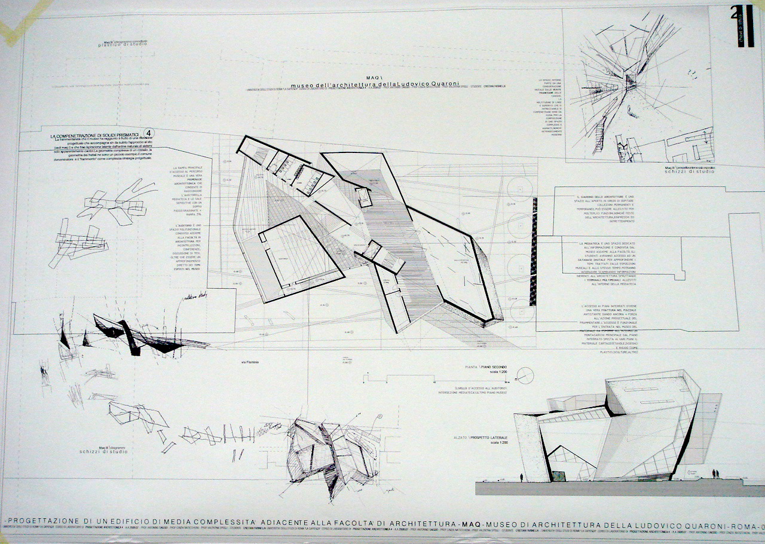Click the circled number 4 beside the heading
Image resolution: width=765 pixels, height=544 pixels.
coord(149,133)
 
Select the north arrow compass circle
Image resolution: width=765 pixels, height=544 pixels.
coord(524,379)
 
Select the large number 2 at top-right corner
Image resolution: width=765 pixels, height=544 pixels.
coord(735,13)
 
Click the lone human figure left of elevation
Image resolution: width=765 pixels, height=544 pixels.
coord(521,477)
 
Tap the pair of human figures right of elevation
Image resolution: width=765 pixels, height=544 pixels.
coord(715,473)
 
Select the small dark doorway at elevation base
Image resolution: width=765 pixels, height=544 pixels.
coord(557,476)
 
